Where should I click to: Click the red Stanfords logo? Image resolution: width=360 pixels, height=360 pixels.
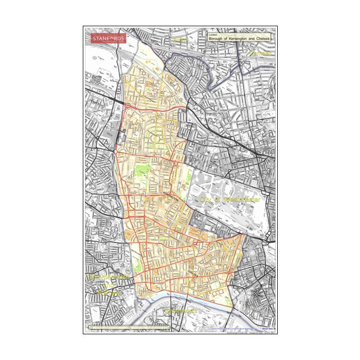[x=108, y=39]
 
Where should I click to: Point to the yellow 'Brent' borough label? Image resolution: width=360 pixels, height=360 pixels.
[x=181, y=40]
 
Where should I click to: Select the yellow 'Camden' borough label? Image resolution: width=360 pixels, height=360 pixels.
[x=260, y=53]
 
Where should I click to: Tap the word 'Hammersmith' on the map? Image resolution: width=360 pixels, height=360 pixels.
[x=110, y=277]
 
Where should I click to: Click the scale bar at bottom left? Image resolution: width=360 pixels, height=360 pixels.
[x=129, y=327]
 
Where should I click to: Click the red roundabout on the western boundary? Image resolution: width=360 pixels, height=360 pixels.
[x=127, y=106]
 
